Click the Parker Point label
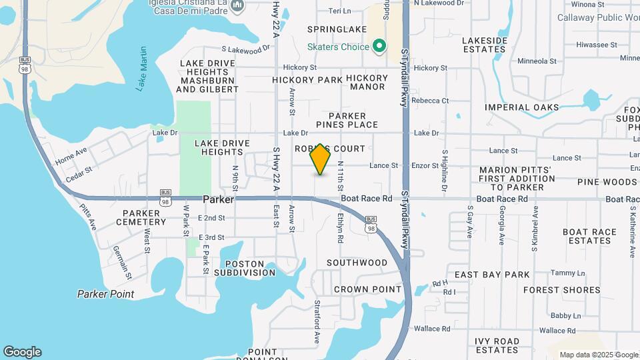pyautogui.click(x=105, y=294)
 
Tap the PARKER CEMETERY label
pyautogui.click(x=141, y=218)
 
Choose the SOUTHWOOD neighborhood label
pyautogui.click(x=357, y=263)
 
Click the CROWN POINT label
pyautogui.click(x=367, y=289)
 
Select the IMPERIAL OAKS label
pyautogui.click(x=521, y=107)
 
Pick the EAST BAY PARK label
pyautogui.click(x=492, y=275)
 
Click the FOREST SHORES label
pyautogui.click(x=562, y=290)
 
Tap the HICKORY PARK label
pyautogui.click(x=307, y=80)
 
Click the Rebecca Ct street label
pyautogui.click(x=430, y=101)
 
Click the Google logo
pyautogui.click(x=22, y=352)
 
